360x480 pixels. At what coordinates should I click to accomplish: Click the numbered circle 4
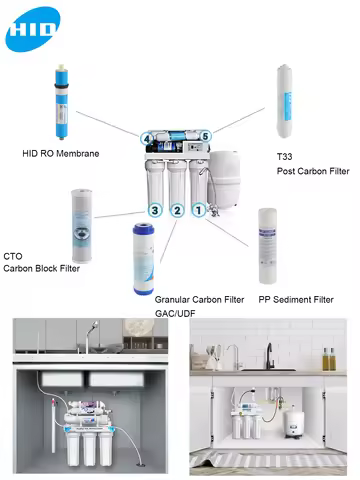coord(147,138)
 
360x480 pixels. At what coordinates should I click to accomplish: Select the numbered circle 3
coord(154,210)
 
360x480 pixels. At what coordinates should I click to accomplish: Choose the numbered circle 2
coord(177,210)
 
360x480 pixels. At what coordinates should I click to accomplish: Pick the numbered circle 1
coord(199,210)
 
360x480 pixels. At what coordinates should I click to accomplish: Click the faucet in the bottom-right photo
coord(268,356)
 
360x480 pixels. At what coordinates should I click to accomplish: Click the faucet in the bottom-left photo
coord(87,334)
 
